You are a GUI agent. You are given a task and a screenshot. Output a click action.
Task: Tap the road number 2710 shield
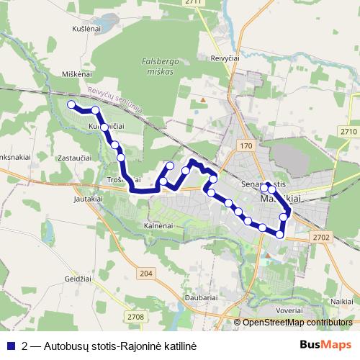[x=348, y=132]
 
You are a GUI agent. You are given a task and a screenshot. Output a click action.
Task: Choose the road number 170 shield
[x=247, y=146]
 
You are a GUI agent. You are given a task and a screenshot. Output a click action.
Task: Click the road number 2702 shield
[x=321, y=235]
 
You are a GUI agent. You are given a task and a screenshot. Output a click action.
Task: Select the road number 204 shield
[x=147, y=273]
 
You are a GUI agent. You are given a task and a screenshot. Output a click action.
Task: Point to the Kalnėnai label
[x=160, y=226]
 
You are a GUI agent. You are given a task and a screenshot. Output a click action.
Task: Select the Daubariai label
[x=202, y=297]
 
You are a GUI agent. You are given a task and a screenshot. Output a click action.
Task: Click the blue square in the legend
[x=10, y=346]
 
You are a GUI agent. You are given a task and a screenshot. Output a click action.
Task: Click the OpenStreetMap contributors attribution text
[x=297, y=323]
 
